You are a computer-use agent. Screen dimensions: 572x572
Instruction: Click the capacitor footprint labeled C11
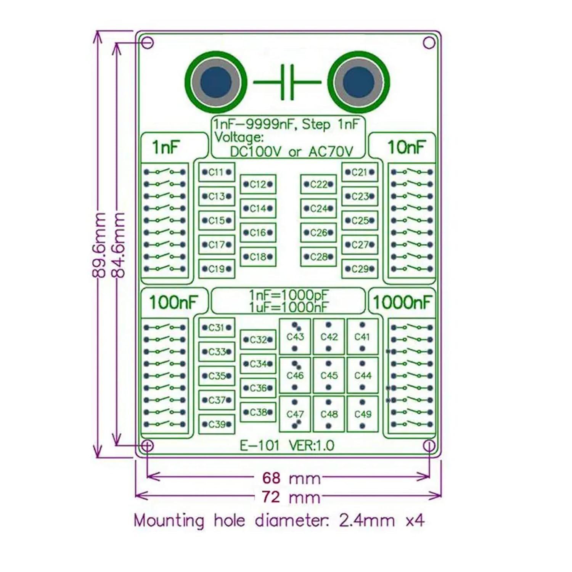216,172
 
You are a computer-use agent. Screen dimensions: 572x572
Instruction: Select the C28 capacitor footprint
318,257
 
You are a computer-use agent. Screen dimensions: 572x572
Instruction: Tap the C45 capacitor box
329,375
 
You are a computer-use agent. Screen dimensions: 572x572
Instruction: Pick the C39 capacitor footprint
216,424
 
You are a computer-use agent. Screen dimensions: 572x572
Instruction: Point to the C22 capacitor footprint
318,185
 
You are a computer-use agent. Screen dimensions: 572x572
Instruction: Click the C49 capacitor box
362,414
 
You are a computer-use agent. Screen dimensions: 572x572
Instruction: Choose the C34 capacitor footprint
258,364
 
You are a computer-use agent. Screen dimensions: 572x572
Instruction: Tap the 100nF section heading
174,302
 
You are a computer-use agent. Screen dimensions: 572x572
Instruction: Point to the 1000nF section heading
402,302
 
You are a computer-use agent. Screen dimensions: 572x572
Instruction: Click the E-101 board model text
260,445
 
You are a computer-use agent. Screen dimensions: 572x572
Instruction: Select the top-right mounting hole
429,43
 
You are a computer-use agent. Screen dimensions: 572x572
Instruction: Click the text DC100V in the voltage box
255,152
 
